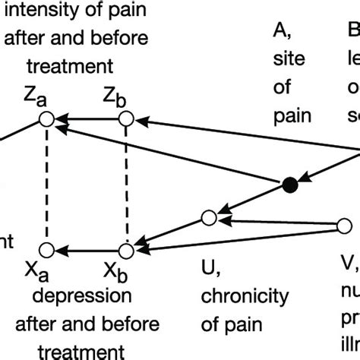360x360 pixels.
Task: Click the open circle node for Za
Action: [x=46, y=119]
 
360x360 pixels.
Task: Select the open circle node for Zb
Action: [x=126, y=119]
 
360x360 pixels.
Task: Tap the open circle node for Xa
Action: [x=46, y=249]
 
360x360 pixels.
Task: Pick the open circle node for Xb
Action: [x=126, y=249]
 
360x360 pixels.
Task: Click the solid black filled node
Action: [x=289, y=185]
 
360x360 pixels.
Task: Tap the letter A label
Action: [x=279, y=32]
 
